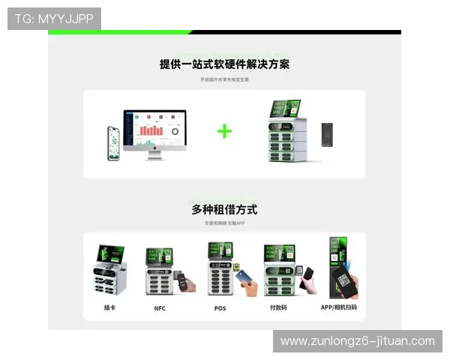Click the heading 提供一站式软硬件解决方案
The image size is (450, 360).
click(224, 64)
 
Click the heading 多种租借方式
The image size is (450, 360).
click(224, 209)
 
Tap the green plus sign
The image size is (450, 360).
click(224, 131)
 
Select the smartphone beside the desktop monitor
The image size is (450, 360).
click(114, 142)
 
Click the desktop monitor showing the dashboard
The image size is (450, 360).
click(154, 129)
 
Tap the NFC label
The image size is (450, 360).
click(160, 308)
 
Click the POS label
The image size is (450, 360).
click(220, 308)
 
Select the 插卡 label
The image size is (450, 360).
click(109, 307)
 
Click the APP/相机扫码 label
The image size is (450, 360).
click(339, 307)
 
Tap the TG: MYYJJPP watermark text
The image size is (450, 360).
click(54, 18)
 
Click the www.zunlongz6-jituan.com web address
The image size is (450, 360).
click(357, 340)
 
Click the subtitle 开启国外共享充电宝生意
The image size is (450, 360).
click(224, 79)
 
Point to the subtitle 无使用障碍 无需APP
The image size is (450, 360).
click(224, 223)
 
